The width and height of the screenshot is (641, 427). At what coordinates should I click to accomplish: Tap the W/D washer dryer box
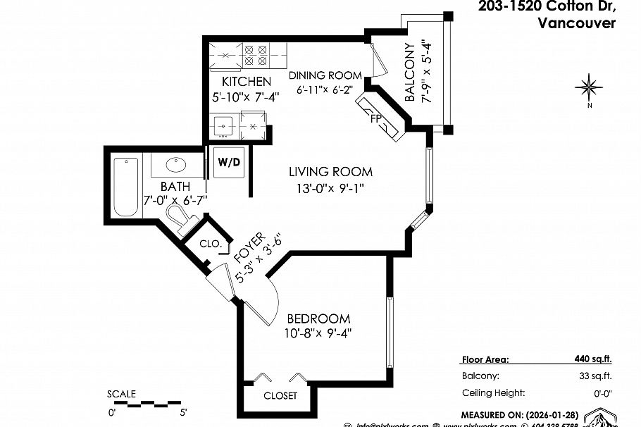pyautogui.click(x=229, y=162)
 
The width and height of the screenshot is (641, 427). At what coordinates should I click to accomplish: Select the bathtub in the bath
pyautogui.click(x=127, y=187)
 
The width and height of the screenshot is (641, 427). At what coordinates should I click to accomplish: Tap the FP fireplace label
pyautogui.click(x=376, y=118)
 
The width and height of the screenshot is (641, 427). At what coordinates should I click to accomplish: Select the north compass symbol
pyautogui.click(x=588, y=88)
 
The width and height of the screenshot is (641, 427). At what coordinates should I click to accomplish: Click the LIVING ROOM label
pyautogui.click(x=330, y=171)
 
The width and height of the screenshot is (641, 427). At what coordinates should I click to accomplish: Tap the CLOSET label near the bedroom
pyautogui.click(x=280, y=395)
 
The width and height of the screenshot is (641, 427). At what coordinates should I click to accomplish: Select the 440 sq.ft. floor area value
pyautogui.click(x=593, y=359)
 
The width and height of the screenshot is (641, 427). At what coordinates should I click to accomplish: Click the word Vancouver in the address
pyautogui.click(x=576, y=23)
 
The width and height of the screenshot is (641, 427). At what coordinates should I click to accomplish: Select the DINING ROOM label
pyautogui.click(x=325, y=75)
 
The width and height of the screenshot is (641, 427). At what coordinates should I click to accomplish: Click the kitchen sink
pyautogui.click(x=225, y=128)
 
